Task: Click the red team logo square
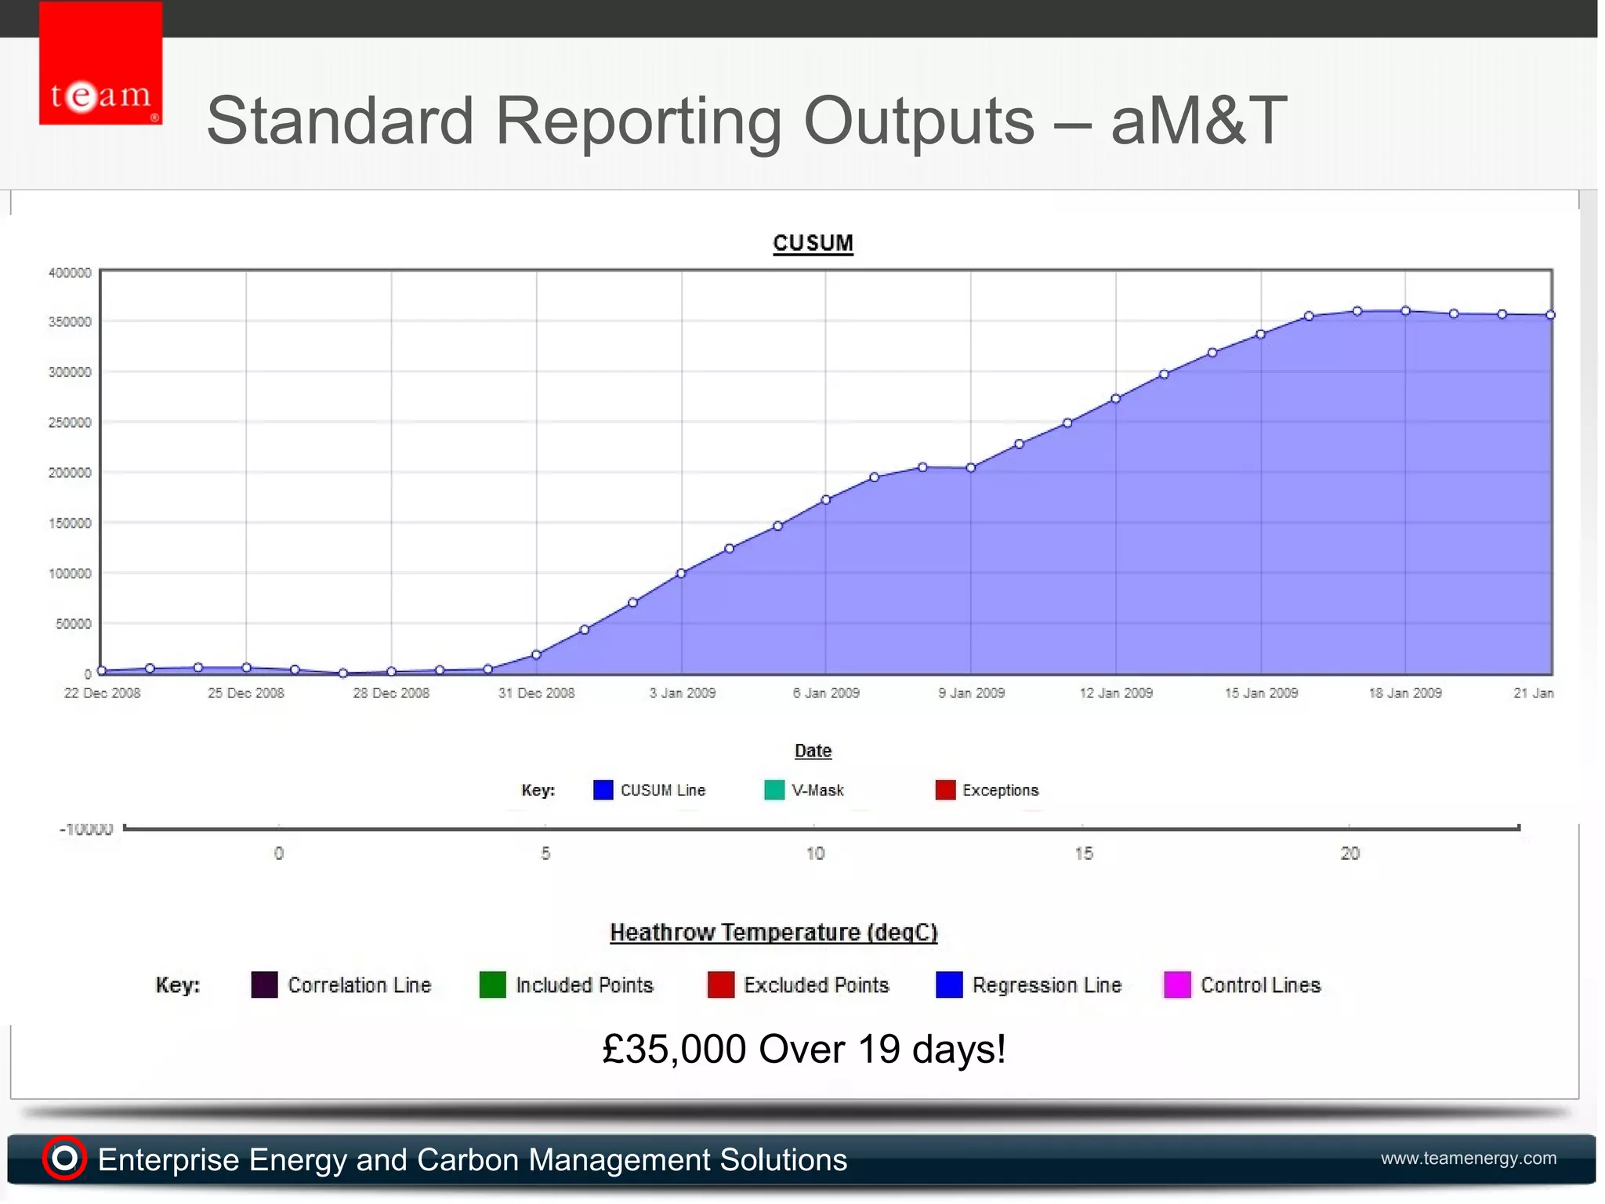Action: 100,63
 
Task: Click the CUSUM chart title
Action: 813,243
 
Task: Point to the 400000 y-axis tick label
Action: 70,273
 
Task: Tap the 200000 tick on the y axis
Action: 70,473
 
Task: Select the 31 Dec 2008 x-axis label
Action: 536,693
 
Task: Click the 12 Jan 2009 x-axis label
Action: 1116,693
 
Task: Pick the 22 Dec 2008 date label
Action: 102,693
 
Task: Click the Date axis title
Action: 813,751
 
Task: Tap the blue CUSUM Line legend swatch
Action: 603,790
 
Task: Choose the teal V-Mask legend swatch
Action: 774,790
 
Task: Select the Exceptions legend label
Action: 1000,790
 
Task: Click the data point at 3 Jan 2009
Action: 681,574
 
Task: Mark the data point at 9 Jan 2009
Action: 971,468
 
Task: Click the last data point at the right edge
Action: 1550,315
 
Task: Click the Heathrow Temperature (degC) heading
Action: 774,933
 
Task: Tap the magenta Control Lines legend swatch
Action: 1177,985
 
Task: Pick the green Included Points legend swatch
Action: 492,985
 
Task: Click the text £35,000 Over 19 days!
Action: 803,1050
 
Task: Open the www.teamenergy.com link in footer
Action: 1468,1159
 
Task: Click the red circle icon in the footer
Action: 64,1158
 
